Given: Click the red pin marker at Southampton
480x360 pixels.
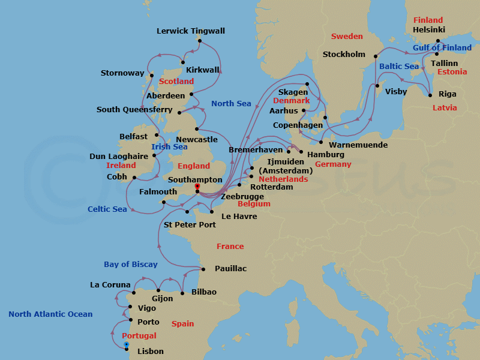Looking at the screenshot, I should [197, 187].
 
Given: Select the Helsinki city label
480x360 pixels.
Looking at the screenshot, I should [429, 29].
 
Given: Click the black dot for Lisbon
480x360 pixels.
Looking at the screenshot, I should [127, 349].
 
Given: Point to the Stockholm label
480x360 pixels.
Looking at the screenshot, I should [344, 55].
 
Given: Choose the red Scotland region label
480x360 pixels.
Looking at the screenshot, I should [176, 81].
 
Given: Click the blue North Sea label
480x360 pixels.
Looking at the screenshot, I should [231, 104].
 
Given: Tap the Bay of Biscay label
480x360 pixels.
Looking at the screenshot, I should [130, 265].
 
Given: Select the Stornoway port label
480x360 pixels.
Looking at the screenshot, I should [122, 74].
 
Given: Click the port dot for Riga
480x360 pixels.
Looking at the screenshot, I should [430, 95].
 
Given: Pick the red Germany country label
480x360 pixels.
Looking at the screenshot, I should [333, 164].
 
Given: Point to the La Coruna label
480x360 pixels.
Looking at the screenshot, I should [110, 285].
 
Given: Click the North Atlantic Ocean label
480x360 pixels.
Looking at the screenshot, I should [50, 314].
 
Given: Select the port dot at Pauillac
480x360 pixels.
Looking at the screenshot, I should [202, 269].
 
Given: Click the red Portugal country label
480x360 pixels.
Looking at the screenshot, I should [139, 336].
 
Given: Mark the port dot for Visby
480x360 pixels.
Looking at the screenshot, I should [377, 85].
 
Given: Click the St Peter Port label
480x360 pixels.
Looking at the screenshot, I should [190, 225].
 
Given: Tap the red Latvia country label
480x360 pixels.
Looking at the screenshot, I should [445, 108].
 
